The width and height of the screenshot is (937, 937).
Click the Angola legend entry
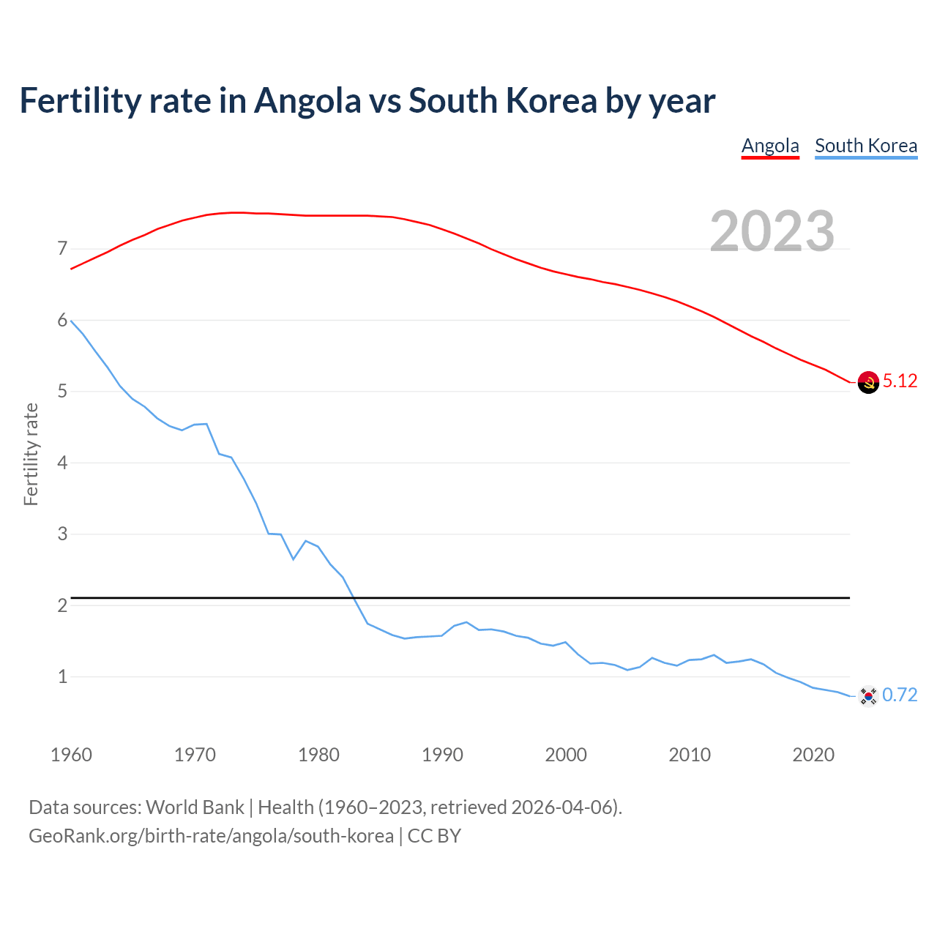[x=770, y=146]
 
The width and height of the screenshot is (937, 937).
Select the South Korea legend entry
[x=866, y=146]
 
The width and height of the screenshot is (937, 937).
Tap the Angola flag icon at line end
[x=868, y=382]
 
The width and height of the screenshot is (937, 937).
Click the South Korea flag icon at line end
[x=868, y=695]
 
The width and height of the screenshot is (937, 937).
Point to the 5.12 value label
[x=900, y=381]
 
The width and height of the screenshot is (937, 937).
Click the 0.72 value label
[x=900, y=695]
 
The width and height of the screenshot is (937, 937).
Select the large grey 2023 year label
[x=772, y=231]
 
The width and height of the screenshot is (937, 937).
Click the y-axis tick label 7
[x=62, y=249]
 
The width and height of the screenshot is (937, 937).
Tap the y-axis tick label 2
[x=62, y=605]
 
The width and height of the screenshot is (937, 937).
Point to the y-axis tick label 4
[x=62, y=463]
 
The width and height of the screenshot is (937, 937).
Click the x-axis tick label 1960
[x=71, y=755]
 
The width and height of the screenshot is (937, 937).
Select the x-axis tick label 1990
[x=442, y=755]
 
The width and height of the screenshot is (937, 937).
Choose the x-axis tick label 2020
[x=813, y=755]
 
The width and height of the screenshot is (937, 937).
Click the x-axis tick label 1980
[x=318, y=755]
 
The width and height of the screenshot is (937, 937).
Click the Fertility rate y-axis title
[x=31, y=454]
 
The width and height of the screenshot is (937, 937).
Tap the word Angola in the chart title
[x=307, y=100]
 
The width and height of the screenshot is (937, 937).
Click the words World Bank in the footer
[x=195, y=807]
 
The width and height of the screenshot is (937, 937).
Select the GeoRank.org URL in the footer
[x=211, y=836]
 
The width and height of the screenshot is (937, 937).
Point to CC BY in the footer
[x=434, y=836]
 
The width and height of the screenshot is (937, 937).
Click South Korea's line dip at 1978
[x=294, y=559]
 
